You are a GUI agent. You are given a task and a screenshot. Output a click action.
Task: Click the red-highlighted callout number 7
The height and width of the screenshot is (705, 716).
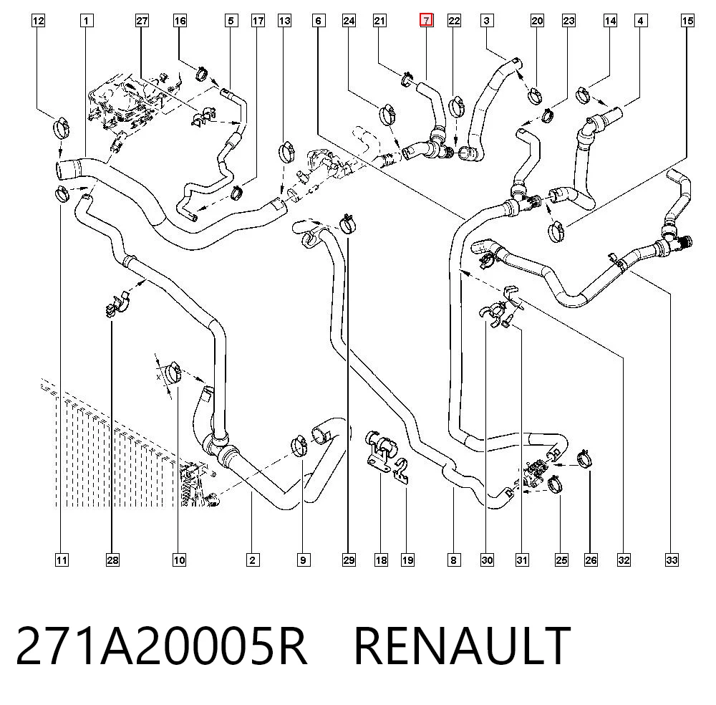[x=426, y=21]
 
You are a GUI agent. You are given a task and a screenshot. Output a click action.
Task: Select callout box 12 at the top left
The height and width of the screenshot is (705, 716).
[x=39, y=21]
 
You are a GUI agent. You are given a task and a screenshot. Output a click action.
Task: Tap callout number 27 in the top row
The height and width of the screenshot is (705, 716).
[x=142, y=21]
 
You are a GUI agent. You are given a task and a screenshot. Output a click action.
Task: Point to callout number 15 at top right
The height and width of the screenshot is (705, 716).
[x=687, y=21]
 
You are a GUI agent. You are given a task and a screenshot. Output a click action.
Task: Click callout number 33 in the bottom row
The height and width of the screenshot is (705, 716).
[x=672, y=560]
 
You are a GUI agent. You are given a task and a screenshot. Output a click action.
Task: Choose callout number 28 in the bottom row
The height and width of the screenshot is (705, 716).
[x=112, y=560]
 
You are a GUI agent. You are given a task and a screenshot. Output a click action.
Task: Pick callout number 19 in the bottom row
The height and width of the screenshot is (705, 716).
[x=408, y=560]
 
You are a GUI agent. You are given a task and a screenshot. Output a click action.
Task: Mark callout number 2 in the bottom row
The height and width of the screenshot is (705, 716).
[x=253, y=560]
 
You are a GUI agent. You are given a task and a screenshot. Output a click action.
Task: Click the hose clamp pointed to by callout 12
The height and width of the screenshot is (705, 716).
[x=61, y=128]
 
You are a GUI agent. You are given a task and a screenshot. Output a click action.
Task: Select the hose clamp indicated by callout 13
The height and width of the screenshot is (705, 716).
[x=287, y=152]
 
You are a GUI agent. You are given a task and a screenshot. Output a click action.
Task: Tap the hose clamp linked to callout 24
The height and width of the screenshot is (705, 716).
[x=387, y=113]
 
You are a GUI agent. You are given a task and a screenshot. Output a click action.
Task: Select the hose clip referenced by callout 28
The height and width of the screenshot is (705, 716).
[x=118, y=304]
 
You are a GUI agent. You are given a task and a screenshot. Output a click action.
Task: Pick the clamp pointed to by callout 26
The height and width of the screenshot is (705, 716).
[x=585, y=459]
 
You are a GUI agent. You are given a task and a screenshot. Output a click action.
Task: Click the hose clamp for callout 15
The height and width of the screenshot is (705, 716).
[x=556, y=231]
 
